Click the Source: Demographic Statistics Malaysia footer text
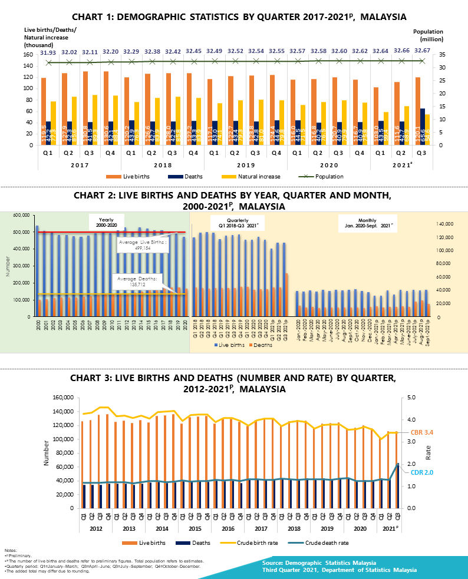point(327,564)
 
